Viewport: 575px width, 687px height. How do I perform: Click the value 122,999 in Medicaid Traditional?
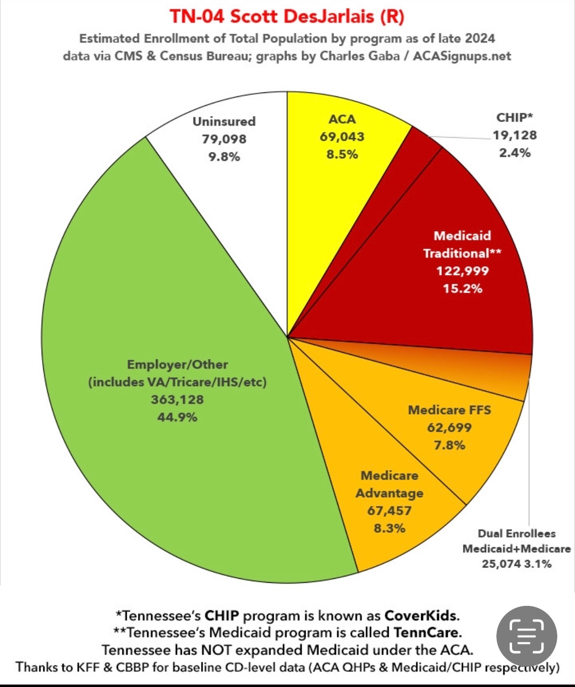click(x=462, y=271)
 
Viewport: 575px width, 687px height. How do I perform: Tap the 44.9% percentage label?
click(x=177, y=418)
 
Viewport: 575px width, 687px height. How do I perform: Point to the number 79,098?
click(x=224, y=139)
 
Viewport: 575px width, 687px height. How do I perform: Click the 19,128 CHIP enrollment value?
click(x=515, y=135)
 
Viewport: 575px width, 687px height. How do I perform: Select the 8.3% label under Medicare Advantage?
click(x=389, y=529)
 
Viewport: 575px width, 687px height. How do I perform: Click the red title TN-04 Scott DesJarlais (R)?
click(x=287, y=17)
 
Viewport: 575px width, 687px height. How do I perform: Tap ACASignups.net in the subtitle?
click(x=462, y=56)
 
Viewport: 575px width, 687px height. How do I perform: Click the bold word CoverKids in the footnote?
click(x=421, y=616)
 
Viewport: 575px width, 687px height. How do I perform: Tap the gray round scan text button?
click(x=526, y=636)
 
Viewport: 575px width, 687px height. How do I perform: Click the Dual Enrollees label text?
click(x=517, y=534)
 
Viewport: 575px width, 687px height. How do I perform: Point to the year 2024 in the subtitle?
click(x=480, y=38)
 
